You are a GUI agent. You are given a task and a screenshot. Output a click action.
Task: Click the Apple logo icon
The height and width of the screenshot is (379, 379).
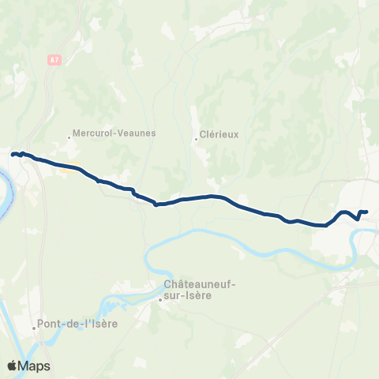pyautogui.click(x=12, y=366)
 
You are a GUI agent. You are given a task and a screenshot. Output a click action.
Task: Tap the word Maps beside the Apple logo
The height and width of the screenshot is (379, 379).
pyautogui.click(x=35, y=366)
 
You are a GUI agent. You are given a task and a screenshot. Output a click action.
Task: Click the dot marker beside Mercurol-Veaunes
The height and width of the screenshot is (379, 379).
pyautogui.click(x=69, y=137)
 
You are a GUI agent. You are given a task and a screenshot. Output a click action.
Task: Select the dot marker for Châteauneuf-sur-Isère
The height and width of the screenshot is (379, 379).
pyautogui.click(x=159, y=299)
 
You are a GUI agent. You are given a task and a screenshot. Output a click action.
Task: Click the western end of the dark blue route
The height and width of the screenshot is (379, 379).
pyautogui.click(x=12, y=153)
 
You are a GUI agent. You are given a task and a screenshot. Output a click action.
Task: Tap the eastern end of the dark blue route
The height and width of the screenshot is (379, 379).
pyautogui.click(x=367, y=211)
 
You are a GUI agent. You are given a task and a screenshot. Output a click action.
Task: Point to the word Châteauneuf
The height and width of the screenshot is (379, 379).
pyautogui.click(x=200, y=284)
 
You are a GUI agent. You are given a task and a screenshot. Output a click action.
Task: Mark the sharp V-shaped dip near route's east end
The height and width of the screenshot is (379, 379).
pyautogui.click(x=359, y=219)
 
